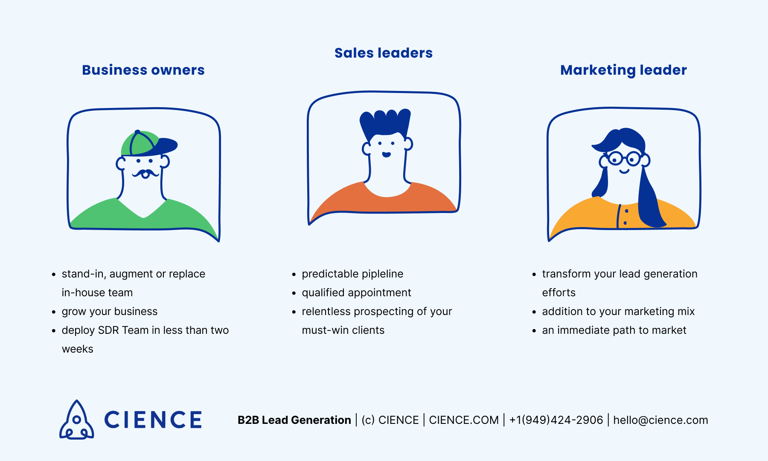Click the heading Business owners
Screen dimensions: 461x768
pyautogui.click(x=143, y=70)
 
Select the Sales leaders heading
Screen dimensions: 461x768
pyautogui.click(x=383, y=53)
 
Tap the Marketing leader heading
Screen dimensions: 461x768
pyautogui.click(x=623, y=70)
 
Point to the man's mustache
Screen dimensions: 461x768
pyautogui.click(x=145, y=173)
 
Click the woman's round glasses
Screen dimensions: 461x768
pyautogui.click(x=624, y=159)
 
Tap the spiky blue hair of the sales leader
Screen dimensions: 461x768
pyautogui.click(x=385, y=122)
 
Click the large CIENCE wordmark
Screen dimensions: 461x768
pyautogui.click(x=153, y=420)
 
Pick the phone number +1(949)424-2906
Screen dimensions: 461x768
pyautogui.click(x=556, y=420)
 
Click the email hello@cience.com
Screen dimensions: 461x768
pyautogui.click(x=660, y=420)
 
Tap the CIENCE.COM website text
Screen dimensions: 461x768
pyautogui.click(x=463, y=420)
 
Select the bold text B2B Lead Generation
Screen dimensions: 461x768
pyautogui.click(x=294, y=420)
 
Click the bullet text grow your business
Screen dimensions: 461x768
pyautogui.click(x=110, y=312)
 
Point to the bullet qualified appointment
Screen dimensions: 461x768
pyautogui.click(x=356, y=293)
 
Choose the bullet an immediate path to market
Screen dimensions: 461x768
pyautogui.click(x=614, y=330)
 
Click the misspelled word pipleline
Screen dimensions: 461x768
pyautogui.click(x=379, y=274)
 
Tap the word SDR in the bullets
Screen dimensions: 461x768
pyautogui.click(x=108, y=330)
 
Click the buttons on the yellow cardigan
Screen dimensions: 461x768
pyautogui.click(x=625, y=217)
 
